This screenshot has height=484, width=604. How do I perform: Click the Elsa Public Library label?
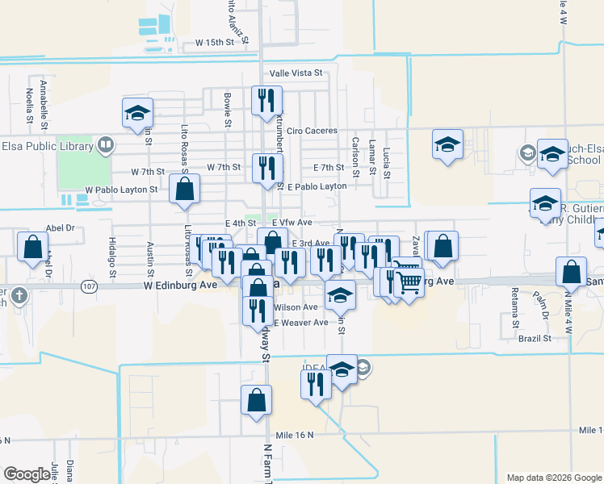(x=44, y=146)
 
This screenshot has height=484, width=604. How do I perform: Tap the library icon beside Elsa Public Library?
(x=105, y=146)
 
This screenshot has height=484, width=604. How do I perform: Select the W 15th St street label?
(x=214, y=42)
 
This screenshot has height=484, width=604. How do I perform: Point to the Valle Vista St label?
(x=296, y=73)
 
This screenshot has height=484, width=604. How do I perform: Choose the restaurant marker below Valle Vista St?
(x=266, y=101)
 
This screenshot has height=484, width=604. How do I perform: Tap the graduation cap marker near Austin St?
(x=137, y=113)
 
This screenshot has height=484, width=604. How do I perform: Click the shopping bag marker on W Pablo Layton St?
(x=184, y=190)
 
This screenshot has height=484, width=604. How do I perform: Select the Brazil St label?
(x=535, y=338)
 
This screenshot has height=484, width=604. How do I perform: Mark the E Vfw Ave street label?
(x=292, y=223)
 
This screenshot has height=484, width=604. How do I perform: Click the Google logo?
(x=27, y=474)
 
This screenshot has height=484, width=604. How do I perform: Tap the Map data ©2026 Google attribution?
(x=553, y=478)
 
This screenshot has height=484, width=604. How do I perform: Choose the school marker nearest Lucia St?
(x=447, y=145)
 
